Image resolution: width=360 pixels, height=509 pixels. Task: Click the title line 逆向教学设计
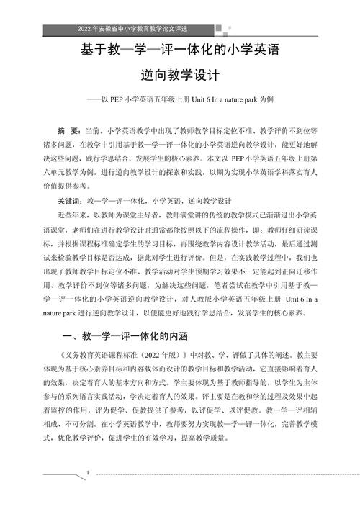click(179, 74)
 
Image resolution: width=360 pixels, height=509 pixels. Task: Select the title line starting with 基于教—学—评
click(179, 51)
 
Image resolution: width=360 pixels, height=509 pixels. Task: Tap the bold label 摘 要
click(68, 131)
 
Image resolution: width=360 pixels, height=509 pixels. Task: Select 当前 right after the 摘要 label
click(94, 131)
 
